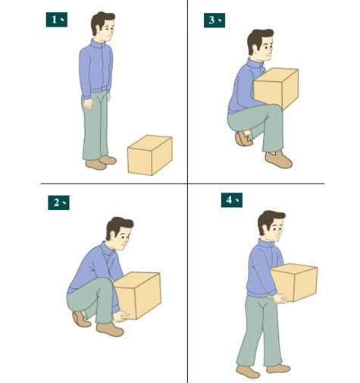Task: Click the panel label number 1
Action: tap(57, 20)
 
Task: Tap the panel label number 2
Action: tap(58, 202)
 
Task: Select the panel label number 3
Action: tap(214, 20)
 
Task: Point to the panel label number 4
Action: tap(232, 200)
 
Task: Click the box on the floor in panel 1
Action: tap(150, 155)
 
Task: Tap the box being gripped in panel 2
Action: tap(138, 295)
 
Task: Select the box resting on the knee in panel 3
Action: tap(276, 89)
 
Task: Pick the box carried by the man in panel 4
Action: tap(294, 282)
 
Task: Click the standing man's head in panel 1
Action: tap(103, 27)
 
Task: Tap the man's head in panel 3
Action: tap(260, 46)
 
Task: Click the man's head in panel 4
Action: tap(271, 225)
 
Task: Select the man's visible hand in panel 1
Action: tap(88, 103)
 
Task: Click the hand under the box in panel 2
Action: tap(121, 317)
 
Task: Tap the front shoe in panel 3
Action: tap(278, 159)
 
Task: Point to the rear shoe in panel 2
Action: tap(81, 319)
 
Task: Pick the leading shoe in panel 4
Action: tap(278, 369)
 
